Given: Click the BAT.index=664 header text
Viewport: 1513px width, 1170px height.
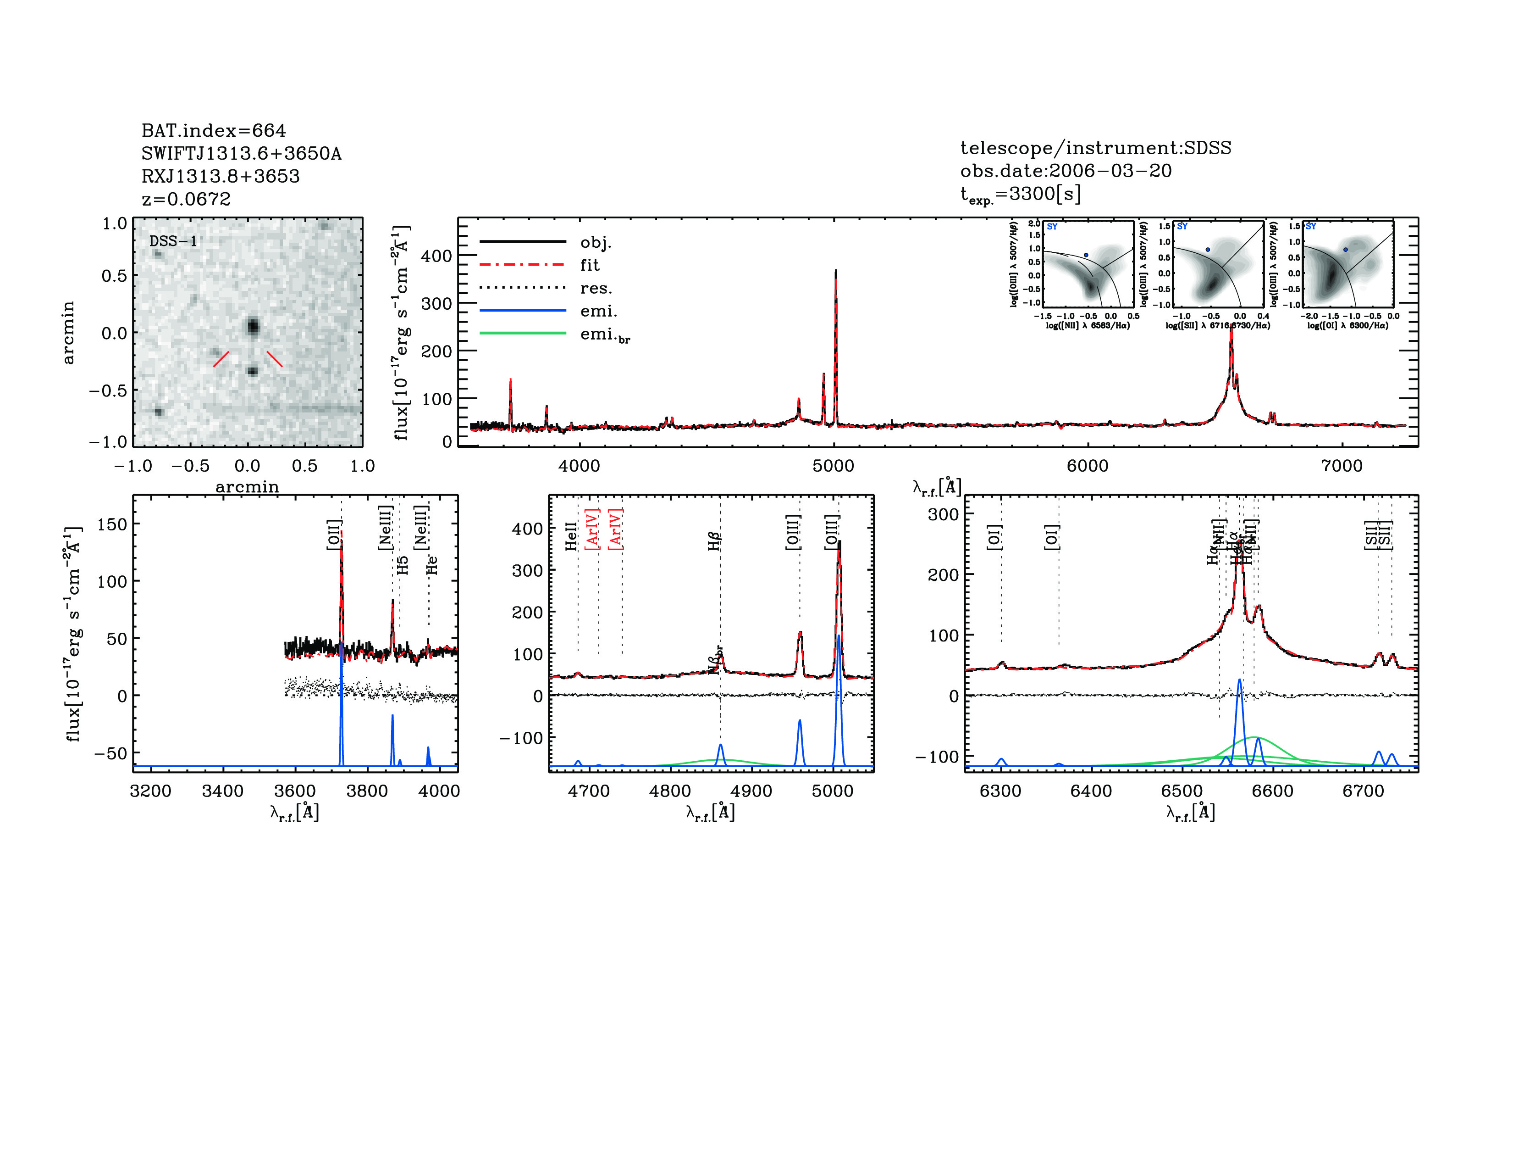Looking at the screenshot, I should point(213,130).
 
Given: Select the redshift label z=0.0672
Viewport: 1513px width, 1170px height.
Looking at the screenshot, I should point(186,199).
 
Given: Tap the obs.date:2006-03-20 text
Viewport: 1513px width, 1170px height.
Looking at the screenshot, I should point(1066,171).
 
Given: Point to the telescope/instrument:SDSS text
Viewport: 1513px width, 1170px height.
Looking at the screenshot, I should point(1095,148).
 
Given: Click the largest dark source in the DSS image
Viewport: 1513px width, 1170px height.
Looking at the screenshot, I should point(253,326).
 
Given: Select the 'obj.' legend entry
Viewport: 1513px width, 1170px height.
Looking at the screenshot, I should point(596,242).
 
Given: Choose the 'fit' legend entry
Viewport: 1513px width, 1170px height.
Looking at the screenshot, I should point(590,265).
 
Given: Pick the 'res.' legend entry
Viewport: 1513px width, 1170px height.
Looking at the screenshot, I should point(596,288).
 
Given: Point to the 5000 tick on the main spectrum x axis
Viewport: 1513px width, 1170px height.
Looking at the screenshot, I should point(834,466).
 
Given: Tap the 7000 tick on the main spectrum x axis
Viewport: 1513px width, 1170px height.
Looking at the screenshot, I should point(1342,466).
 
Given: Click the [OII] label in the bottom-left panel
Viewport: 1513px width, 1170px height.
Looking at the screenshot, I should point(334,535).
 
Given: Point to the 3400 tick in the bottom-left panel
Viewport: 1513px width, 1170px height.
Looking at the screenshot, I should point(222,791).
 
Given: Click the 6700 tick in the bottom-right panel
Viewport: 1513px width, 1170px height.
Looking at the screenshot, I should point(1363,791).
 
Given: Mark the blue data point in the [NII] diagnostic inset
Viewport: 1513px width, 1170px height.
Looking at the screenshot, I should point(1086,255).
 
